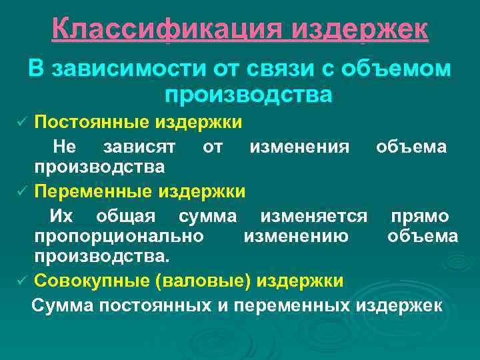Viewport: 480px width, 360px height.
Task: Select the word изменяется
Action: (x=314, y=216)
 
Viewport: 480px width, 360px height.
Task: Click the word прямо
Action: (x=420, y=216)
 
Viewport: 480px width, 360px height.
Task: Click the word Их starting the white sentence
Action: (x=63, y=216)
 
